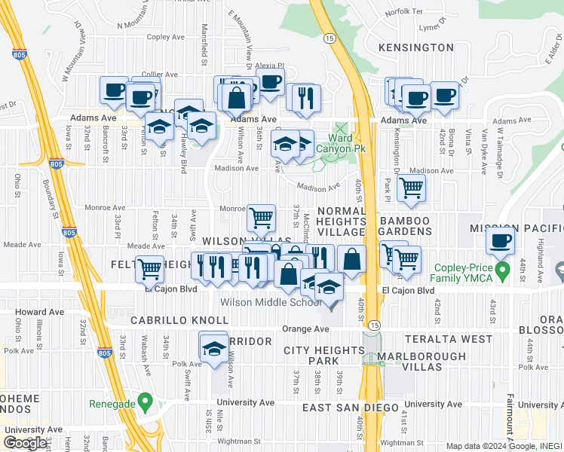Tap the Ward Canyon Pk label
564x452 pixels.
(347, 143)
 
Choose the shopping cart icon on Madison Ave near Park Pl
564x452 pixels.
(411, 188)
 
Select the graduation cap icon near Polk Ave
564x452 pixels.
(214, 347)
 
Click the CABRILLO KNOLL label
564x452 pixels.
(179, 320)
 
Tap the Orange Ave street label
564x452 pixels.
(305, 329)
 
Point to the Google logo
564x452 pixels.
(25, 443)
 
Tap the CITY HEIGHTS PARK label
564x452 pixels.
(324, 356)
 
